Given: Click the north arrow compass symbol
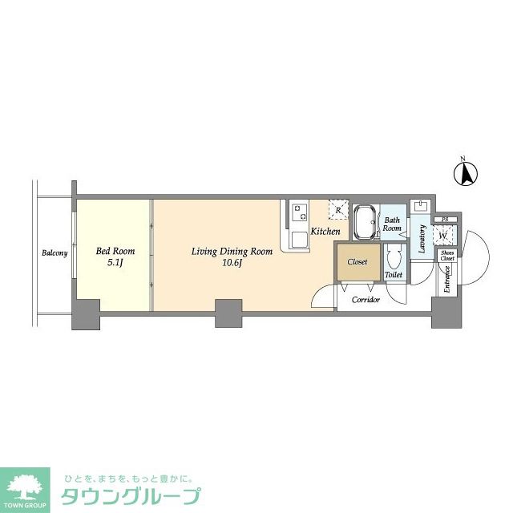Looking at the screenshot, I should coord(466,172).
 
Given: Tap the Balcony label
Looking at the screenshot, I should coord(55,254).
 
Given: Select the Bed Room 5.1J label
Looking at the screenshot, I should coord(115,256).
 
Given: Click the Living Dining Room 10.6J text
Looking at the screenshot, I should coord(232,256).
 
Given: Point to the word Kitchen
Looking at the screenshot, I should coord(325,232).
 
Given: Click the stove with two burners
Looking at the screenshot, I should coord(300,212).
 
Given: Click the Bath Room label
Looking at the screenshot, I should coord(392,224).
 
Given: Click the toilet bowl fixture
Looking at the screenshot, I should coord(393,258).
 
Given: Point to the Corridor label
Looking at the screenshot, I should coord(366,299).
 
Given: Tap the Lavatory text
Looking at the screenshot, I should coord(421,239).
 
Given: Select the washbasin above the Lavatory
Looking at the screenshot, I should coord(420,207).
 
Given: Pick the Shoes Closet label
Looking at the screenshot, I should coord(446,256).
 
